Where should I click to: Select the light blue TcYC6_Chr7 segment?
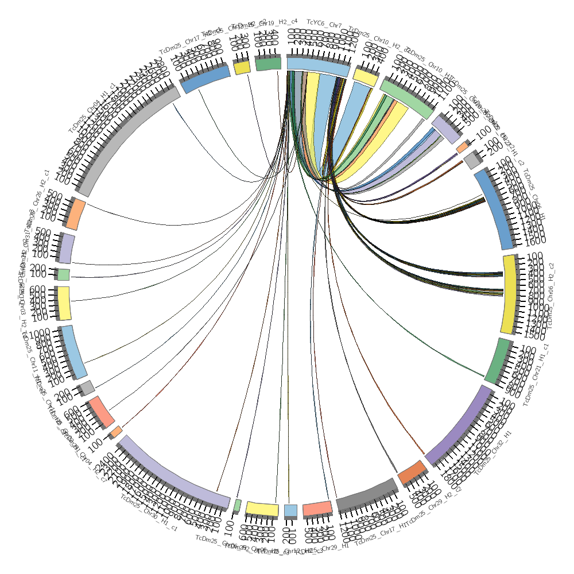[x=317, y=65]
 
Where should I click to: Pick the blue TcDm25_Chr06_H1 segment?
[x=497, y=210]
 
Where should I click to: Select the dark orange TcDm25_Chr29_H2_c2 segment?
[x=412, y=471]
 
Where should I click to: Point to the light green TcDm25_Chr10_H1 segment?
[x=406, y=98]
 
